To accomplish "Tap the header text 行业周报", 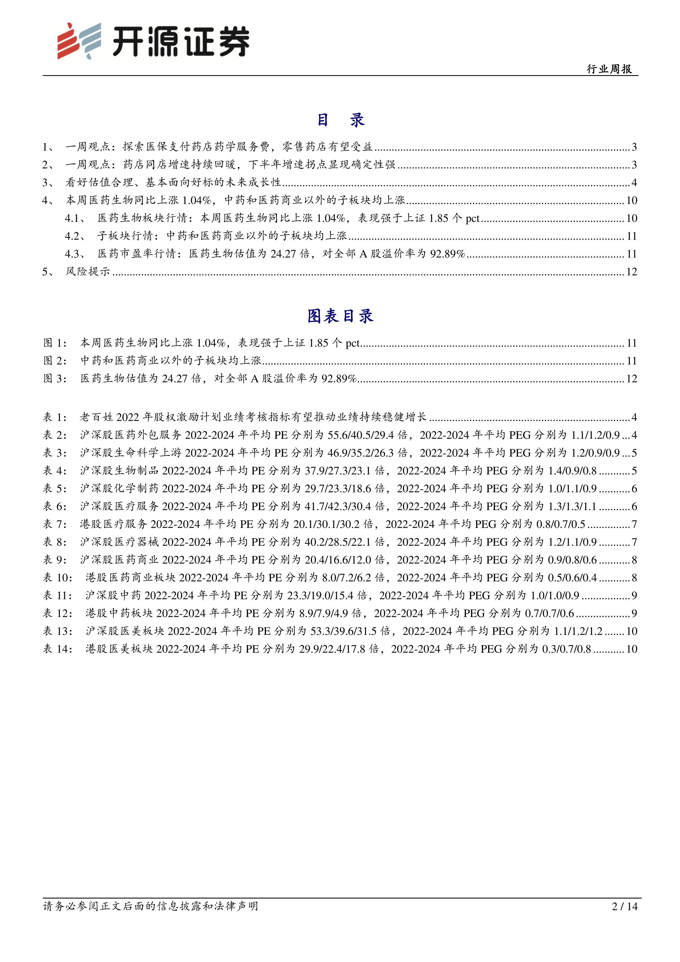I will [609, 69].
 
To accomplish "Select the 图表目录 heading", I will [340, 316].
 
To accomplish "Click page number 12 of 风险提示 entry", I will [631, 272].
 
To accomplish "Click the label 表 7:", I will [55, 524].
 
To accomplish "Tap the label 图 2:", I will [55, 361].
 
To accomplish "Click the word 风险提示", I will [87, 272].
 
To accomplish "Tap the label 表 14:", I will [57, 649].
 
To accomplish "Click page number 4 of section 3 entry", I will [634, 183].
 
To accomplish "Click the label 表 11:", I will [57, 595].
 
